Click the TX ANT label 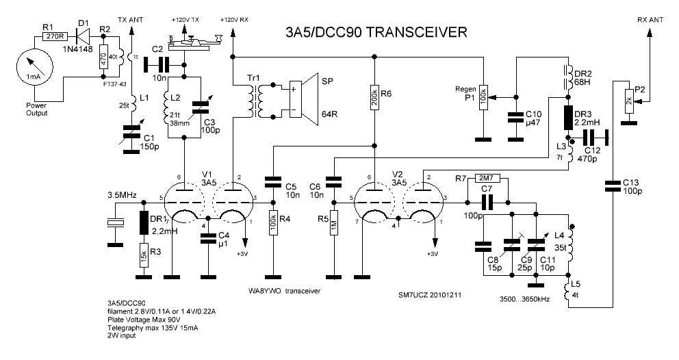[131, 19]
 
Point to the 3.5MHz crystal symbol [115, 223]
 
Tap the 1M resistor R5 [333, 224]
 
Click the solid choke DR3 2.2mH [567, 117]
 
